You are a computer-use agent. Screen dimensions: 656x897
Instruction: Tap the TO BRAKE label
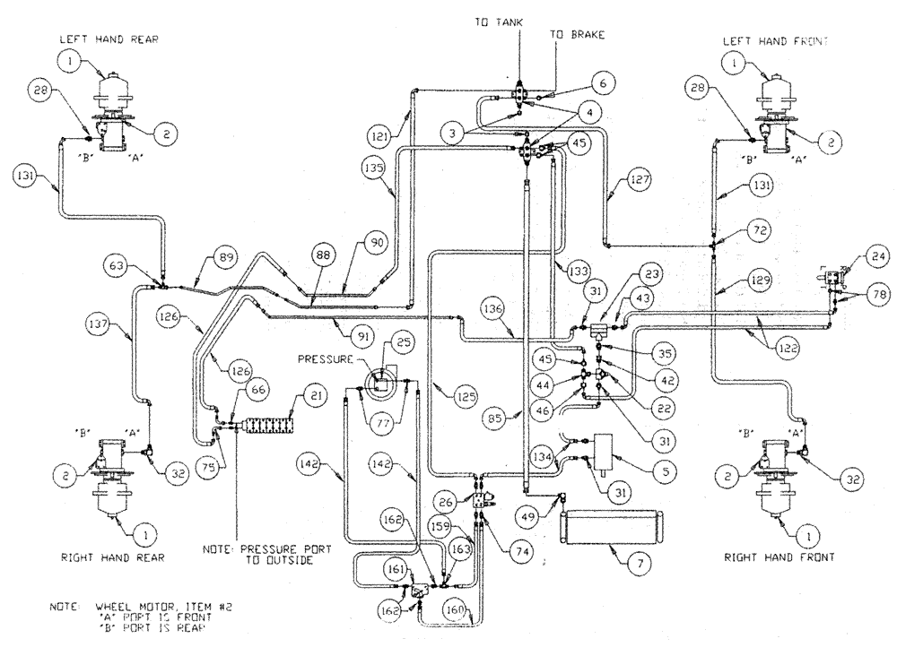click(x=578, y=35)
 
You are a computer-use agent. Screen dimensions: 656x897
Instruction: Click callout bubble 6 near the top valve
click(x=604, y=82)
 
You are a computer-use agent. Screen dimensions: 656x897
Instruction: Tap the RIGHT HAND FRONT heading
click(x=779, y=557)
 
